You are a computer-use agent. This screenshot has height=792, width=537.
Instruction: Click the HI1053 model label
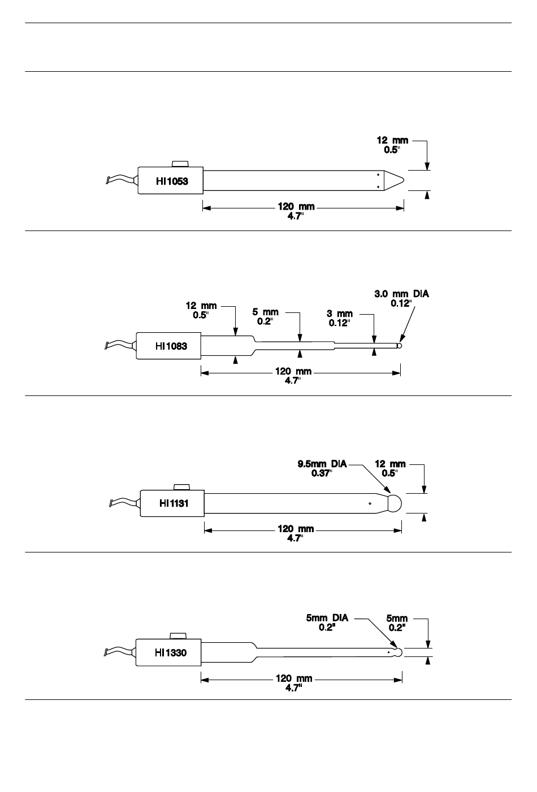[x=172, y=181]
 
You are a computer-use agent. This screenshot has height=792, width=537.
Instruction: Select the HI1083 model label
[x=171, y=346]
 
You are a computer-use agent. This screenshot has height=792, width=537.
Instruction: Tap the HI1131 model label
[x=174, y=503]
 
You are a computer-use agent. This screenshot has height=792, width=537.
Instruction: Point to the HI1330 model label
[x=171, y=652]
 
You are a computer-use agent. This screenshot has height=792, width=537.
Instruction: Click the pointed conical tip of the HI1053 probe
[x=394, y=180]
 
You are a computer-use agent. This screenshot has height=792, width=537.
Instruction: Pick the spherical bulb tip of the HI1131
[x=395, y=503]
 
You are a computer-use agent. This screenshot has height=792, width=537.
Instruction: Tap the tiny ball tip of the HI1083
[x=400, y=346]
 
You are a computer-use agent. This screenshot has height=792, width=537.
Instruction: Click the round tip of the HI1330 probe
[x=399, y=652]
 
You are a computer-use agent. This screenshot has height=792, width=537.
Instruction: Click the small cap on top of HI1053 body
[x=180, y=164]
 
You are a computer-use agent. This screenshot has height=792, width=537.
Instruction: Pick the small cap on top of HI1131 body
[x=183, y=487]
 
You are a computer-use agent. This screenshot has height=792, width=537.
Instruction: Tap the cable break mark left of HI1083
[x=106, y=346]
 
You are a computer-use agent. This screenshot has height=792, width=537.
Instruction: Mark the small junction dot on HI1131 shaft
[x=370, y=503]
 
